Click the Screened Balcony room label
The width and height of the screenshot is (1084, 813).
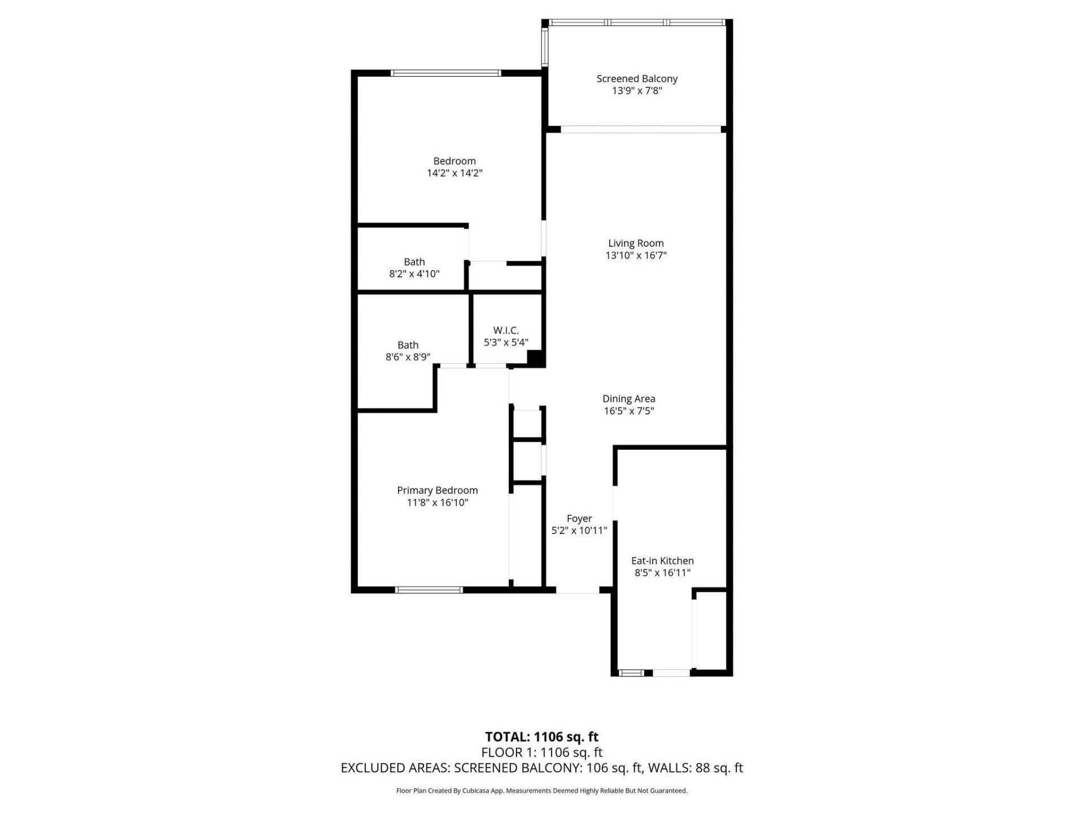click(637, 79)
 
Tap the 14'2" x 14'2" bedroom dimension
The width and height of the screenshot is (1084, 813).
click(454, 173)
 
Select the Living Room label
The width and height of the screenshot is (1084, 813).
click(636, 243)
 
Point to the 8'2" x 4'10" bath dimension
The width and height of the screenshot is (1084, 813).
click(414, 274)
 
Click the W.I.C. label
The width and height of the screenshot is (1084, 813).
click(506, 330)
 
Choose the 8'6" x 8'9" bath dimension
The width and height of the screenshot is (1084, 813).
click(408, 357)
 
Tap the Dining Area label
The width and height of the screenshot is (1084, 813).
click(628, 399)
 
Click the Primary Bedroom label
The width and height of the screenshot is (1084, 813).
click(437, 491)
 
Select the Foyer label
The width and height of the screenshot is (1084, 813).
click(579, 519)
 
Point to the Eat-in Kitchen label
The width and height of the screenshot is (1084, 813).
click(662, 561)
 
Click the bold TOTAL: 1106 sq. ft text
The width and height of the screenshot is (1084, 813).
click(541, 737)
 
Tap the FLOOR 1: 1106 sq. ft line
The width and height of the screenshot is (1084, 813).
click(541, 753)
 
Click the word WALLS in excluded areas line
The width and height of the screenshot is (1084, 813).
click(668, 768)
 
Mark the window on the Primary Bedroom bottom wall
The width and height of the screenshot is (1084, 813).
click(429, 590)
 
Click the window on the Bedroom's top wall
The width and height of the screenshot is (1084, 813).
click(446, 73)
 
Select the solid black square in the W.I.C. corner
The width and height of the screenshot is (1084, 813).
click(535, 358)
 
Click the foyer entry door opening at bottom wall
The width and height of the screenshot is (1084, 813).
click(578, 590)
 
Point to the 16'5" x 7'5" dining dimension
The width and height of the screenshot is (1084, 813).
click(628, 411)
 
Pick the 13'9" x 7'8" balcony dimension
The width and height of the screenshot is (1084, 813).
click(637, 91)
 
